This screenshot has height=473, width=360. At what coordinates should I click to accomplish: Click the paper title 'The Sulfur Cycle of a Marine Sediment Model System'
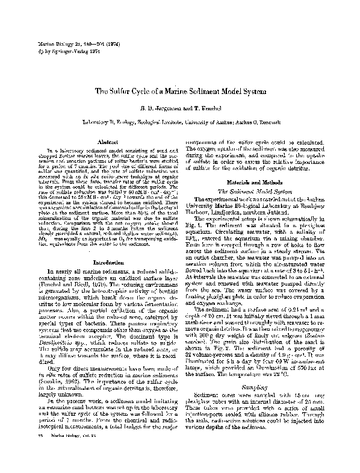pyautogui.click(x=179, y=91)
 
